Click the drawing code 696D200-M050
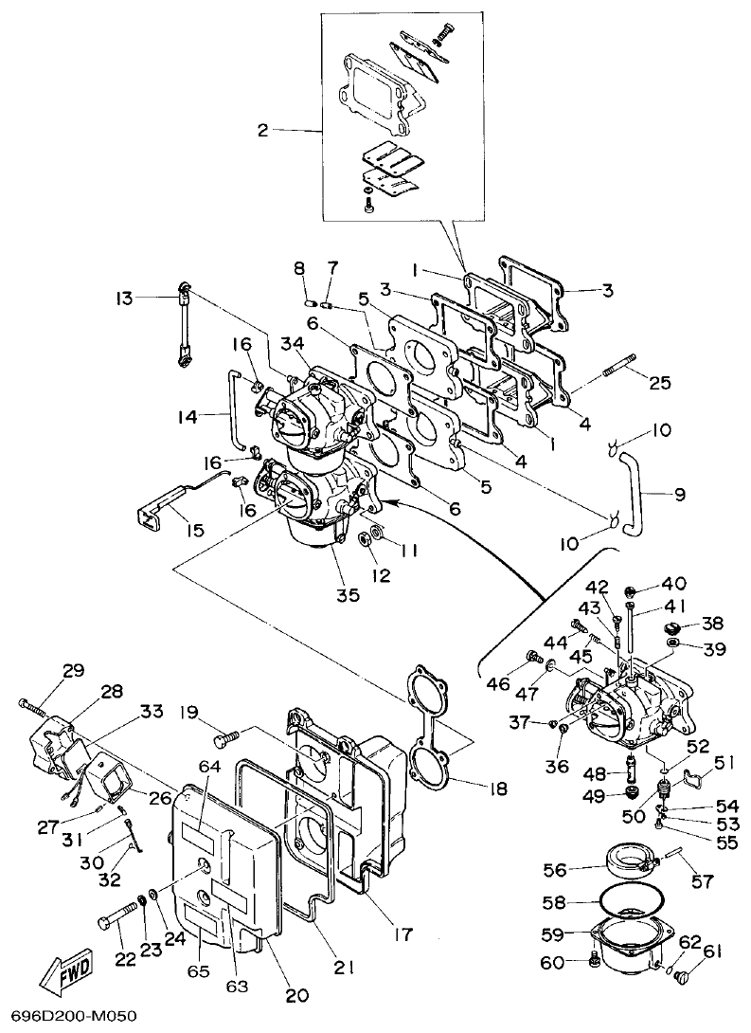tap(68, 1017)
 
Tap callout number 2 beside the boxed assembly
tap(263, 131)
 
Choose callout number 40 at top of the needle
tap(674, 584)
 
